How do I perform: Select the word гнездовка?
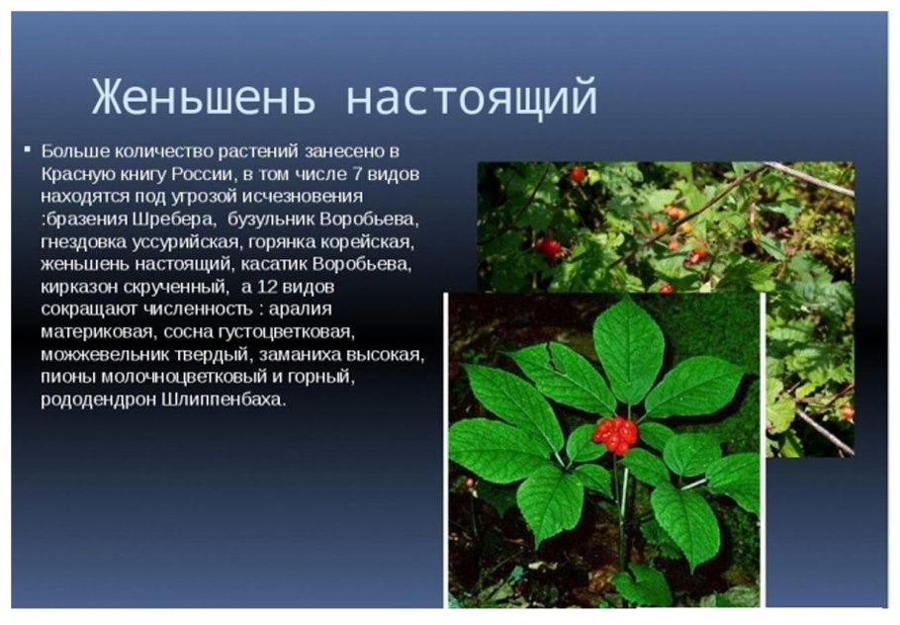tap(82, 241)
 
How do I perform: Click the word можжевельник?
tap(102, 355)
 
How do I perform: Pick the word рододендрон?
tap(94, 401)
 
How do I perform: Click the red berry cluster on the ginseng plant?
tap(614, 433)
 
